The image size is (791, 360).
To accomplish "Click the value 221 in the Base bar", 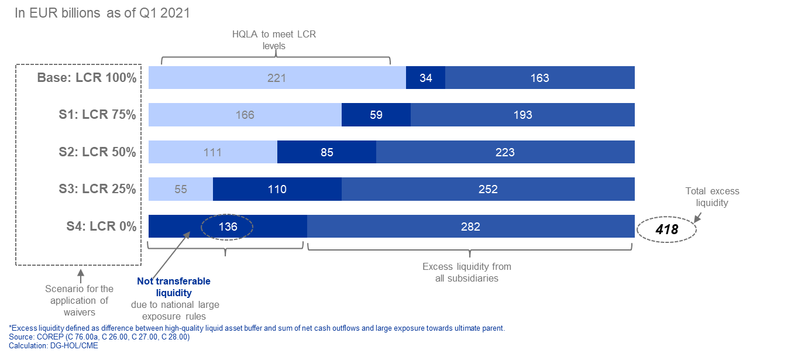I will (x=277, y=78).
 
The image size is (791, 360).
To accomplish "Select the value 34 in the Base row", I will (x=426, y=78).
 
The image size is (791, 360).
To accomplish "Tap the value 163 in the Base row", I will (x=539, y=78).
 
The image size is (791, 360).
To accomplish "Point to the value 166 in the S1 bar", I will (x=245, y=115).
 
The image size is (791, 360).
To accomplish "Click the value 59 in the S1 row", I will (x=376, y=115).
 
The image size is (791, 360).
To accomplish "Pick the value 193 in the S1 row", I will (x=522, y=115).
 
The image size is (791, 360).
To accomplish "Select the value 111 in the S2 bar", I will (x=212, y=153).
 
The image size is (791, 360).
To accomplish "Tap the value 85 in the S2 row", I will (x=327, y=153).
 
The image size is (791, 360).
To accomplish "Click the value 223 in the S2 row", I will (x=505, y=153).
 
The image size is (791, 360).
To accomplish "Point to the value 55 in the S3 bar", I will (x=181, y=190).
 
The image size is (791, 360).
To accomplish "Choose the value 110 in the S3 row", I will (x=277, y=190).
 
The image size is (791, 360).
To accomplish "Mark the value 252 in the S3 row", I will (x=488, y=190).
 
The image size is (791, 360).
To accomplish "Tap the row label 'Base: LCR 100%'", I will (x=87, y=78).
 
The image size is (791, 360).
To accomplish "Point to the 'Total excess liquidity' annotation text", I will (x=712, y=197).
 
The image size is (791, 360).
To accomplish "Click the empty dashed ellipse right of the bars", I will (x=666, y=229).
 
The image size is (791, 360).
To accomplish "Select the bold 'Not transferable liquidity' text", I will (x=174, y=287).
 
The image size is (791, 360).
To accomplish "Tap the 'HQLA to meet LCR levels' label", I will (x=273, y=40).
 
